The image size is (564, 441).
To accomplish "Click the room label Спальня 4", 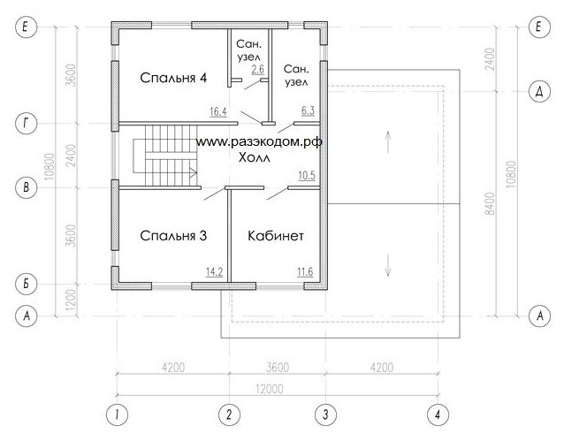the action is tap(173, 78).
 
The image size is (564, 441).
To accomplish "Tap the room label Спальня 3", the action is tap(173, 236).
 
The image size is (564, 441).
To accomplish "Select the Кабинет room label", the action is tap(276, 236).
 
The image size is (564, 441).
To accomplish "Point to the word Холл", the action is tap(255, 157).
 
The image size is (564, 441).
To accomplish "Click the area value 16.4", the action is tap(218, 112).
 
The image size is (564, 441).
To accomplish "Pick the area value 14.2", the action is tap(215, 272).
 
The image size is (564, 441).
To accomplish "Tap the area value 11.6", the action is tap(305, 272).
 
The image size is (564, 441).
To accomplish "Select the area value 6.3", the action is tap(308, 110).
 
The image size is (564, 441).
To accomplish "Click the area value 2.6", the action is tap(258, 69).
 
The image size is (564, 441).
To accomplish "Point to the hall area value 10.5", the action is tap(307, 175).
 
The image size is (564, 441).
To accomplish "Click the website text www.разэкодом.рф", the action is tap(259, 142).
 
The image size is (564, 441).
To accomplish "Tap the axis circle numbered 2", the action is tap(229, 414).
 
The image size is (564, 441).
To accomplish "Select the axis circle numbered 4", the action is tap(438, 414).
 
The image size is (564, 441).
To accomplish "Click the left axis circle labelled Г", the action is tap(26, 124).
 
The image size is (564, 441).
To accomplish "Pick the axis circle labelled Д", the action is tap(539, 91).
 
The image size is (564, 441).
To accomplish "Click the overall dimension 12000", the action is tap(270, 389).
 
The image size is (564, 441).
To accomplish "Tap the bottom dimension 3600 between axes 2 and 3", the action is tap(278, 368).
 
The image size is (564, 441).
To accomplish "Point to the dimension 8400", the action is tap(490, 204).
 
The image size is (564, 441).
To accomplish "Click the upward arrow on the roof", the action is tap(388, 142).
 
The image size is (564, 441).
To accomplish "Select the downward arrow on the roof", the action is tap(388, 265).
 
